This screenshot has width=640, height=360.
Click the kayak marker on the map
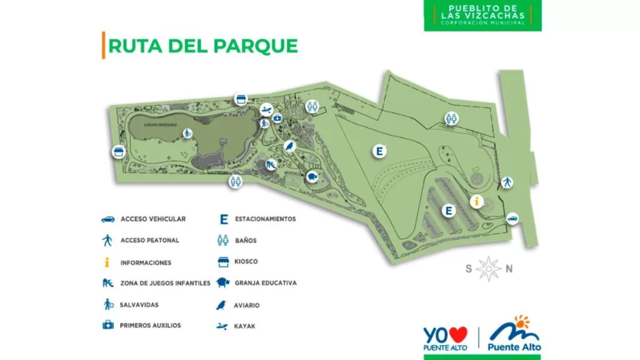[x=266, y=110]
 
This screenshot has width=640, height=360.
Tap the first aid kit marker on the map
[x=277, y=118]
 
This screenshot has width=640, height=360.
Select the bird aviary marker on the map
[x=290, y=146]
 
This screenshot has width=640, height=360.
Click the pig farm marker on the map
[x=313, y=177]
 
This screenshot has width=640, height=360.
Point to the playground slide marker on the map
[x=271, y=165]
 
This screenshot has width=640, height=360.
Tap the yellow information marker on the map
[x=477, y=201]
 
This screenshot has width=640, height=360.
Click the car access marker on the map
[x=512, y=218]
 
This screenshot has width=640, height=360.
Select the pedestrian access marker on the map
[x=507, y=182]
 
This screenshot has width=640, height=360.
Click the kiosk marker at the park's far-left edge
[x=119, y=152]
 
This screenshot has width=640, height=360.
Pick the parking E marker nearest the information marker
[x=448, y=211]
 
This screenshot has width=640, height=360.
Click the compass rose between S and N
[x=488, y=269]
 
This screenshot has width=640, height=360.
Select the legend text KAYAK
[x=245, y=326]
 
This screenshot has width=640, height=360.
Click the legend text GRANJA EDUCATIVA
[x=266, y=283]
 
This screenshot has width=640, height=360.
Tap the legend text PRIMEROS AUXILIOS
[x=150, y=326]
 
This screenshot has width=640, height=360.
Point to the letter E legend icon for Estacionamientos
[x=223, y=219]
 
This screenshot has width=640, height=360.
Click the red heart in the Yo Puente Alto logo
[x=458, y=335]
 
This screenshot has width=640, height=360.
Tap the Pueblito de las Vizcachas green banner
[x=482, y=15]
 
